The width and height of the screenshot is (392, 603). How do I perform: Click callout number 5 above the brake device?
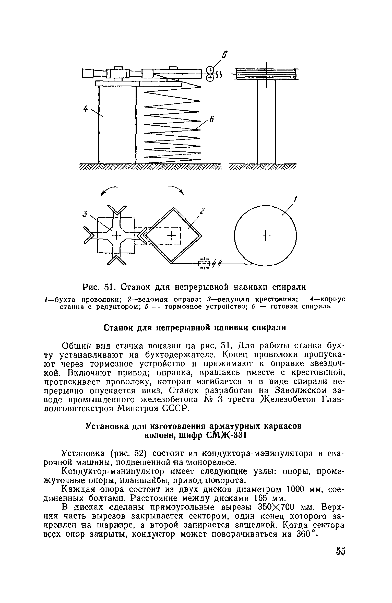(x=224, y=55)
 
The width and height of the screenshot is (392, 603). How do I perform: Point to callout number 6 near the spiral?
(x=211, y=119)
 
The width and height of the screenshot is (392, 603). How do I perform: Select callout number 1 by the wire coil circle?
(x=295, y=199)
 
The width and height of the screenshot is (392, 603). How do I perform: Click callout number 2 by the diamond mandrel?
(x=202, y=211)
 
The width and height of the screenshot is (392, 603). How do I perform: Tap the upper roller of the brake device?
(x=210, y=70)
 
